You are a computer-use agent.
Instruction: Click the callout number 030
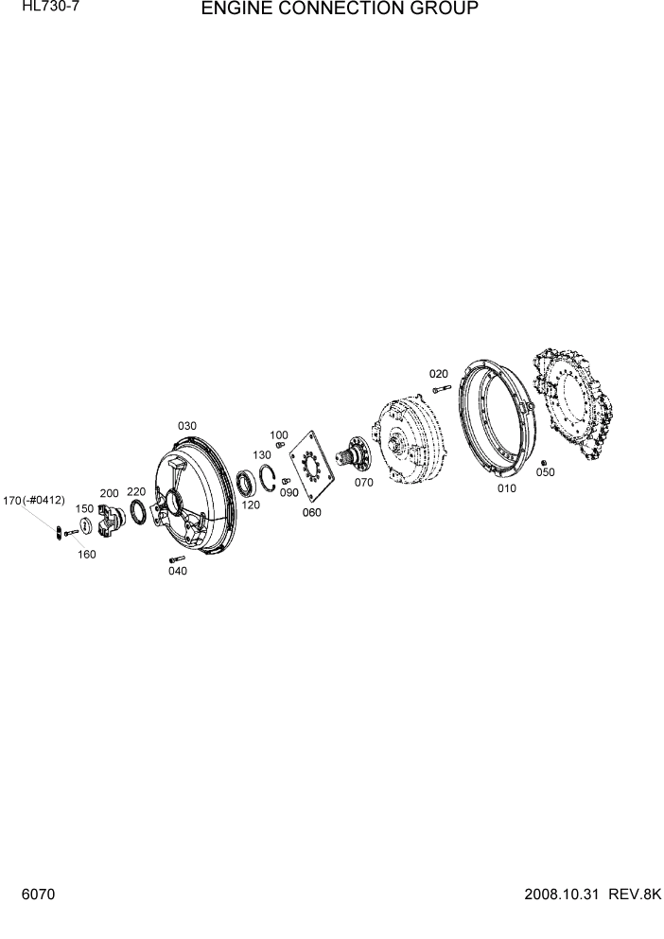click(x=186, y=426)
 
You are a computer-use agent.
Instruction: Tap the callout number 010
click(x=506, y=489)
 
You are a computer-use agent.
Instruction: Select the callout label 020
click(x=439, y=374)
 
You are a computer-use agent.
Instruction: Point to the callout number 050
click(x=546, y=472)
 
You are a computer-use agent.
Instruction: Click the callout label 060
click(x=311, y=512)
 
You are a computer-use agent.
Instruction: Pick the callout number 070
click(x=363, y=482)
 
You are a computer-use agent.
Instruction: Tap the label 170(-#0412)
click(x=33, y=500)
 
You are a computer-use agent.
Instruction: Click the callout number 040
click(x=177, y=571)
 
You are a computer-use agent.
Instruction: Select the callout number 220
click(x=136, y=491)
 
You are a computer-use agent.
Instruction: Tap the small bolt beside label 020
click(x=440, y=388)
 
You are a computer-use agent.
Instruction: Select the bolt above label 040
click(x=166, y=558)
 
